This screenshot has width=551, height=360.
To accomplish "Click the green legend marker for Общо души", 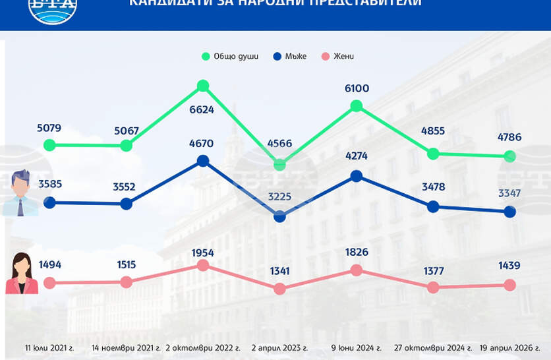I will pyautogui.click(x=206, y=57).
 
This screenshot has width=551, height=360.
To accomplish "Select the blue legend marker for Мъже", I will pyautogui.click(x=277, y=57).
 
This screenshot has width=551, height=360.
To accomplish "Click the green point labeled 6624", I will pyautogui.click(x=203, y=86).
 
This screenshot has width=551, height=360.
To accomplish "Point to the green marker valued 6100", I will pyautogui.click(x=357, y=105).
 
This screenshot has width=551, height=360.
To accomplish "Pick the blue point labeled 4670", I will pyautogui.click(x=203, y=160).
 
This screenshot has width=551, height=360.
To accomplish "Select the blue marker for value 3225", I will pyautogui.click(x=279, y=216).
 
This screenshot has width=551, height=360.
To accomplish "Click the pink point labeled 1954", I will pyautogui.click(x=203, y=265).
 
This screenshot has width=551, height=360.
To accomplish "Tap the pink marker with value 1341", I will pyautogui.click(x=279, y=289).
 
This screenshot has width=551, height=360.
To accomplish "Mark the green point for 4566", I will pyautogui.click(x=279, y=164).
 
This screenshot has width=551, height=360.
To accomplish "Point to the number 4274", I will pyautogui.click(x=357, y=156).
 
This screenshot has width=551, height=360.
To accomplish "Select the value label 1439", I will pyautogui.click(x=509, y=266).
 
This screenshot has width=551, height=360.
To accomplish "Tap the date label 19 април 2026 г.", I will pyautogui.click(x=514, y=347).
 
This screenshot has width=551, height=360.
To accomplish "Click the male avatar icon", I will pyautogui.click(x=22, y=193).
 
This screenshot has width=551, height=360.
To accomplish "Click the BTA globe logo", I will pyautogui.click(x=53, y=8).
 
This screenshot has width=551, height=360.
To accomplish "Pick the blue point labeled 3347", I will pyautogui.click(x=509, y=212).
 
